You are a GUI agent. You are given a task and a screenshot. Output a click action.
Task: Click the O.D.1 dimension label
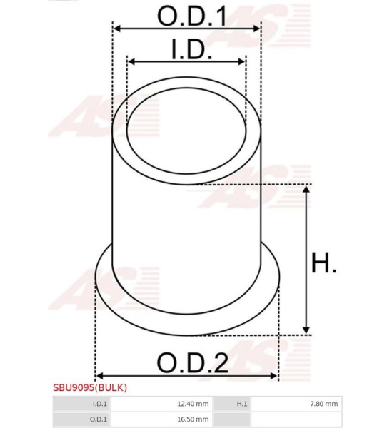(192, 16)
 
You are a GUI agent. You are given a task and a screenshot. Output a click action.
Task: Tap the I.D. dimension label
(192, 49)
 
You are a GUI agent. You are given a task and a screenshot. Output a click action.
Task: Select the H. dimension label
(324, 263)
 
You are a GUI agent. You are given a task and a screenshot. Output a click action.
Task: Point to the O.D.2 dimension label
(192, 362)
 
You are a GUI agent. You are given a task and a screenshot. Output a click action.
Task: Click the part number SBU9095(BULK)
(90, 387)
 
